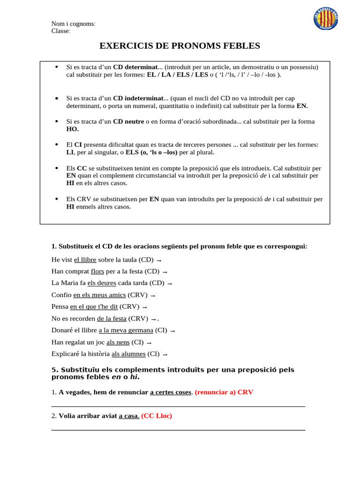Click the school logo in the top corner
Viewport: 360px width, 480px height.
point(325,19)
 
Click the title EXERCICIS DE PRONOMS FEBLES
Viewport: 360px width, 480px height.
point(180,45)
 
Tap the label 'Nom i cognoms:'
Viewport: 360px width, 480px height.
point(73,24)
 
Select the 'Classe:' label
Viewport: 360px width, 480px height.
point(61,31)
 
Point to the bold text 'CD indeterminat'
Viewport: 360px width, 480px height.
point(138,98)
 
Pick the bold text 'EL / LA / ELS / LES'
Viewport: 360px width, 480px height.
point(178,75)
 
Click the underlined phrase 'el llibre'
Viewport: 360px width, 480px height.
point(85,260)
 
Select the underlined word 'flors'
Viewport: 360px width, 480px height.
point(97,271)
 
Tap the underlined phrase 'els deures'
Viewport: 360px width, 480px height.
point(101,283)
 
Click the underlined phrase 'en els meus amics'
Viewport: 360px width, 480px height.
point(100,295)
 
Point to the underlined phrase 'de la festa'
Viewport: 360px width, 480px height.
point(112,319)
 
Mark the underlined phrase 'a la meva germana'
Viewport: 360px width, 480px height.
point(126,330)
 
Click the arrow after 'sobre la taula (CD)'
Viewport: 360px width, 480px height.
point(159,260)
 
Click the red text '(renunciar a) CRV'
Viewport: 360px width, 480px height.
point(224,392)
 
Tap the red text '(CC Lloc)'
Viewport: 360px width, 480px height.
point(157,416)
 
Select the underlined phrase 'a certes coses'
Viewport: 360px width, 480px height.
point(171,392)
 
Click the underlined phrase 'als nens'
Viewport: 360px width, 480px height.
point(118,342)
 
